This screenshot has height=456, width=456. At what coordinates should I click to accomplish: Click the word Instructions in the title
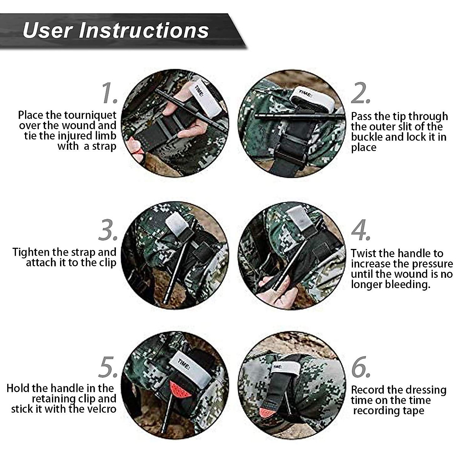tap(144, 30)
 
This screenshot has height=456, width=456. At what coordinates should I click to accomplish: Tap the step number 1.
tap(109, 93)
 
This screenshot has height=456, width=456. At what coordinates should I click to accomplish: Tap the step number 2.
tap(360, 93)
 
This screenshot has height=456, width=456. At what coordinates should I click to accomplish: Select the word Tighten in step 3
tap(31, 252)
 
